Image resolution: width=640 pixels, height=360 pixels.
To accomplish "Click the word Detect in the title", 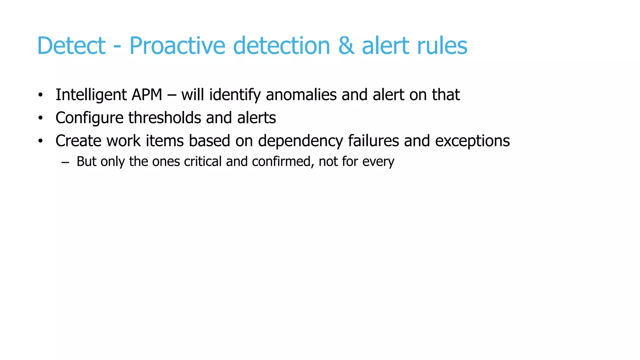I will pos(71,46).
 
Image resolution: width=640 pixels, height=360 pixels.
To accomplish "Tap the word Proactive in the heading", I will pos(177,46).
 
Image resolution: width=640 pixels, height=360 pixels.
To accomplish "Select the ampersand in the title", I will pos(346,46).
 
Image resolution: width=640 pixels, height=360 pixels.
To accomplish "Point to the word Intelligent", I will pos(91,95).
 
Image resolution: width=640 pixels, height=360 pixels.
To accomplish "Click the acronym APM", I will pos(147,95).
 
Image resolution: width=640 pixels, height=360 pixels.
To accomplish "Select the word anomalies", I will pos(301,95).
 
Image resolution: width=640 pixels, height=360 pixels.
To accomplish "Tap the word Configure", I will pos(89,118).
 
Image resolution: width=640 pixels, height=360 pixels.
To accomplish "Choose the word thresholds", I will pos(165,118).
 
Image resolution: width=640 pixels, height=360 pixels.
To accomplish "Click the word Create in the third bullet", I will pos(78,141).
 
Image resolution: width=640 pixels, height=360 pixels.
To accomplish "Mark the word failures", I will pos(373,141).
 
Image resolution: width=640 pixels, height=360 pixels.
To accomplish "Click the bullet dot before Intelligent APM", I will pos(40,95).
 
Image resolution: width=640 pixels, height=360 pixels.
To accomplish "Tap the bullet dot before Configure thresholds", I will pos(40,118).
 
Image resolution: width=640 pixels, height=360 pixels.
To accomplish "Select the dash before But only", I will pos(65,162).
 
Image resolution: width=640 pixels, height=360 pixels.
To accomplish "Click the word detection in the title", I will pos(282,46).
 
